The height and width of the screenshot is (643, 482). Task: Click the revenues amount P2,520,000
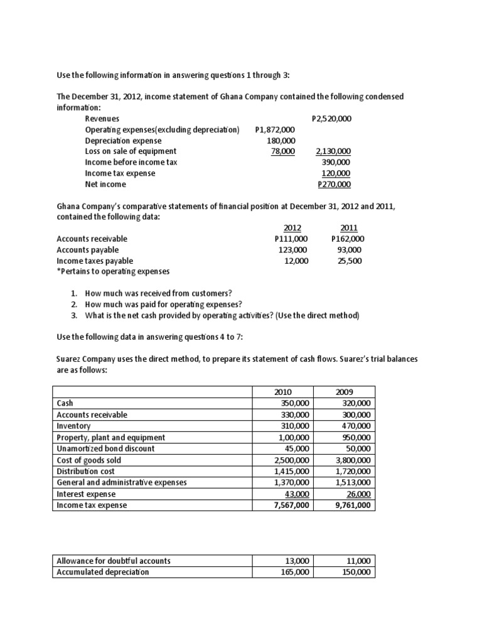(x=331, y=118)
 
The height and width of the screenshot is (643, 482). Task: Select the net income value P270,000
(x=335, y=185)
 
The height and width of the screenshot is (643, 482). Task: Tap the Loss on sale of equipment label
(x=131, y=151)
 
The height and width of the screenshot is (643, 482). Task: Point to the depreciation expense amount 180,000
(x=281, y=141)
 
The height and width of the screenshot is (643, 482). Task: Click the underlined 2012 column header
(x=292, y=228)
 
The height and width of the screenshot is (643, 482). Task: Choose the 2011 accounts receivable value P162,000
(x=347, y=239)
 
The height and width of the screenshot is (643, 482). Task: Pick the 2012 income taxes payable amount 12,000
(x=296, y=261)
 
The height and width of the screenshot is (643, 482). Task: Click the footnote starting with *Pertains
(x=112, y=272)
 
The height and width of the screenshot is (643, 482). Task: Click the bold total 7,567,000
(x=291, y=505)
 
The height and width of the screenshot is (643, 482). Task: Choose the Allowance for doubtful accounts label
(x=114, y=561)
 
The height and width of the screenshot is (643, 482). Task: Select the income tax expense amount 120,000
(x=336, y=173)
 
